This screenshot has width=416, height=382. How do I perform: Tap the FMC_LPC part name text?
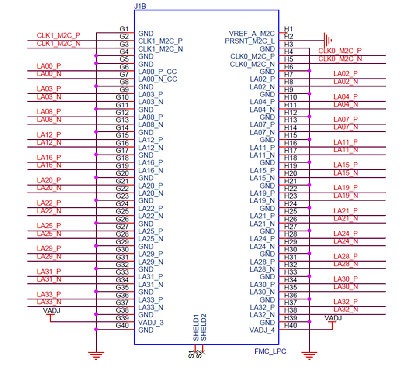270,351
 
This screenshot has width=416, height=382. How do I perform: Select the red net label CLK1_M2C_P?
59,36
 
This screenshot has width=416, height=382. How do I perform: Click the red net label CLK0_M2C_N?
340,59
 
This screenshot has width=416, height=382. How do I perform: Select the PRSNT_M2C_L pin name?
250,41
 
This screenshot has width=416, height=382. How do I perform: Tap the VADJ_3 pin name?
151,322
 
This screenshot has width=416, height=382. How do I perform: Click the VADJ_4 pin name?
262,330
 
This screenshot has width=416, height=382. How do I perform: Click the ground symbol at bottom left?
95,355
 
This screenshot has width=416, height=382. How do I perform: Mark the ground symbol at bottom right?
309,355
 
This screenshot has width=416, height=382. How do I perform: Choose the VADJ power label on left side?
52,310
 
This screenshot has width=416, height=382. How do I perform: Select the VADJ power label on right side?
333,318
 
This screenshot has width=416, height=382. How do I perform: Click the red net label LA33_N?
49,302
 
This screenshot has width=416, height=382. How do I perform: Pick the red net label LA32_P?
345,302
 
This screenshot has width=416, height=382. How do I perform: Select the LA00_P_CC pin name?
157,72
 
